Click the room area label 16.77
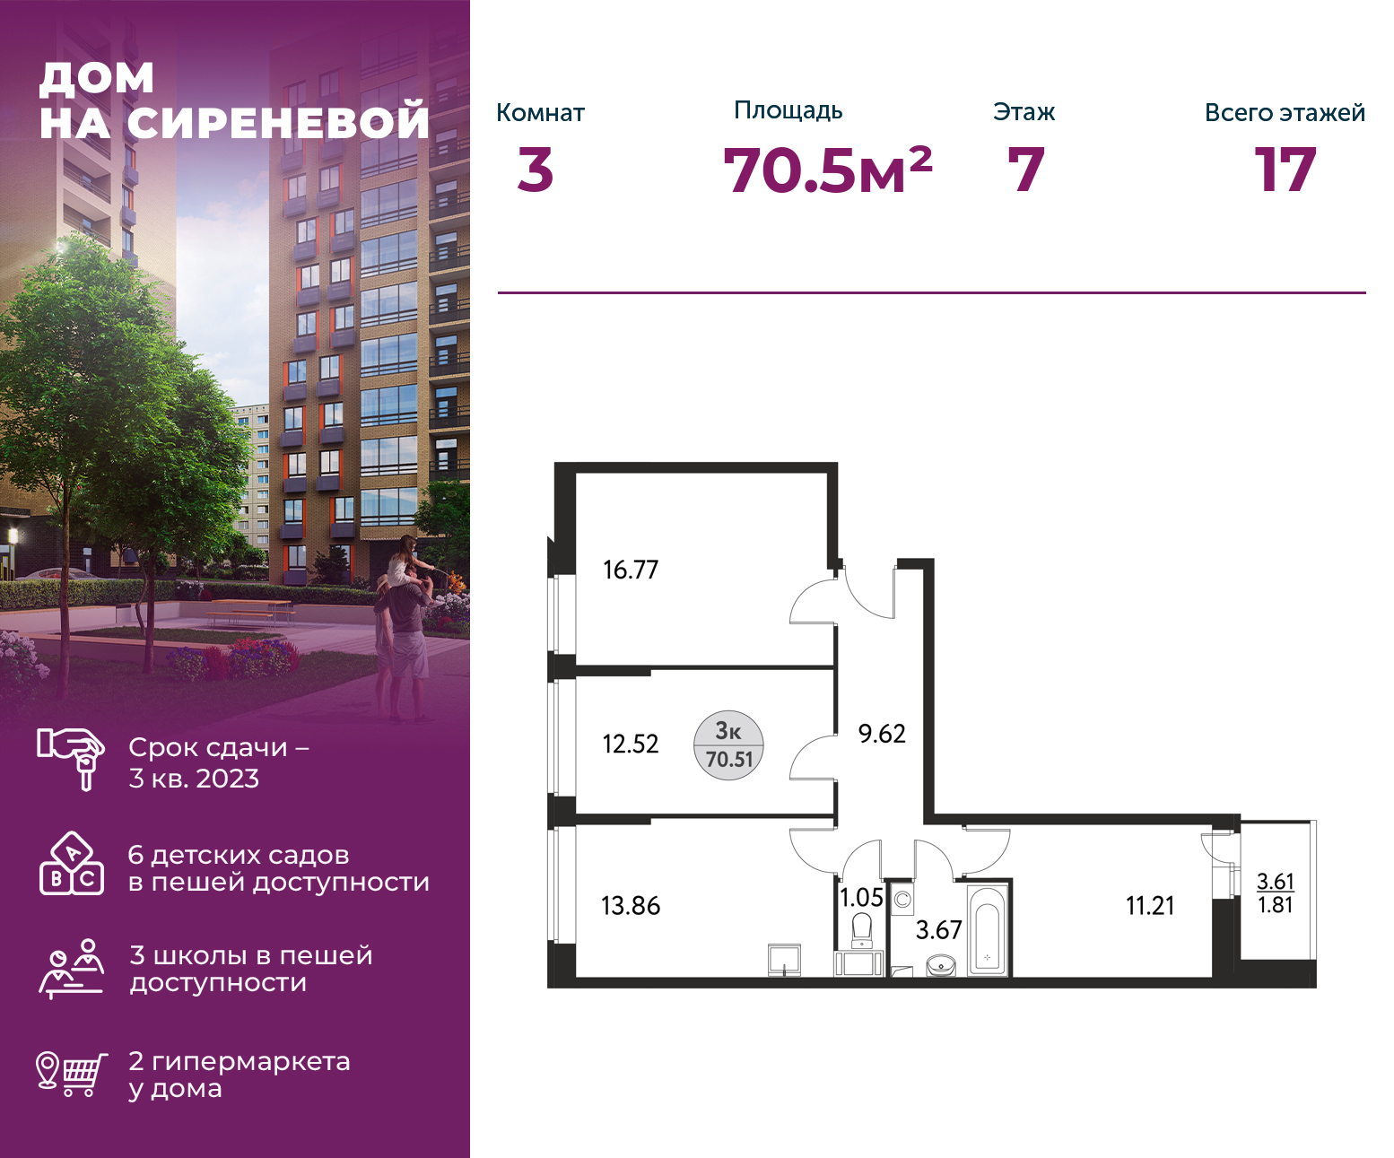coord(631,570)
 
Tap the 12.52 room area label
coord(631,744)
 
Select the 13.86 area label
coord(631,906)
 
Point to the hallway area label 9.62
coord(881,733)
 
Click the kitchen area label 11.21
coord(1150,906)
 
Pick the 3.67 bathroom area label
coord(938,929)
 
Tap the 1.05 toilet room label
coord(861,897)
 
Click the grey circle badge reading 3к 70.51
coord(728,744)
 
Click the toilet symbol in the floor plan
coord(861,930)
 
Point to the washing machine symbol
coord(902,900)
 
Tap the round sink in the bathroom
coord(941,965)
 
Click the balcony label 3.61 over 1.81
coord(1276,892)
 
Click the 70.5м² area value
coord(827,170)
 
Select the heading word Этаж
coord(1024,112)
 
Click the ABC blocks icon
coord(72,864)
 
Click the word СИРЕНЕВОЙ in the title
coord(278,122)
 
